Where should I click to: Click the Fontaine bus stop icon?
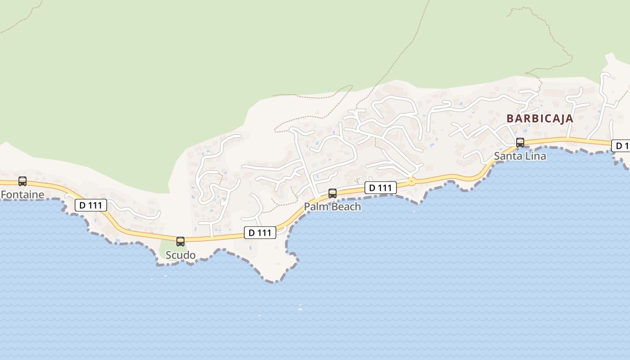click(x=22, y=181)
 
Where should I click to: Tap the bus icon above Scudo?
click(x=180, y=242)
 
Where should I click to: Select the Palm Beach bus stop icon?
click(x=333, y=193)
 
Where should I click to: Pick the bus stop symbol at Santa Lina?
click(x=520, y=143)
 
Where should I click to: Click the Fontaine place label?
click(x=22, y=194)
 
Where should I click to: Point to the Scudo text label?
click(x=180, y=255)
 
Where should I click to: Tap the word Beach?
click(x=346, y=207)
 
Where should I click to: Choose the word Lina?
click(x=535, y=156)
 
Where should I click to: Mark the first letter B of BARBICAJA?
click(x=510, y=118)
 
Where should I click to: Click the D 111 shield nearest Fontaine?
click(x=90, y=205)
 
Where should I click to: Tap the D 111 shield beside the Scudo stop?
click(x=260, y=233)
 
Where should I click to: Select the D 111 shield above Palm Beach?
click(x=381, y=188)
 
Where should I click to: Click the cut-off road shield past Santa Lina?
click(x=621, y=146)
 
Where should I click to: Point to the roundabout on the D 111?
click(x=411, y=181)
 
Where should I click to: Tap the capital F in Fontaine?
click(x=4, y=194)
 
